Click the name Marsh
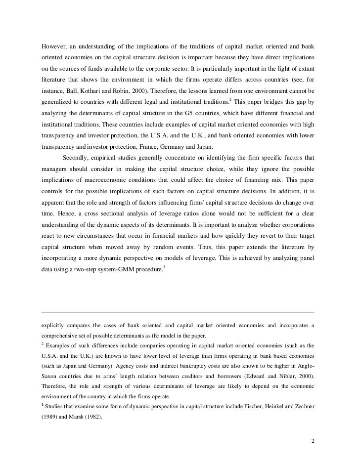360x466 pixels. click(78, 416)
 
